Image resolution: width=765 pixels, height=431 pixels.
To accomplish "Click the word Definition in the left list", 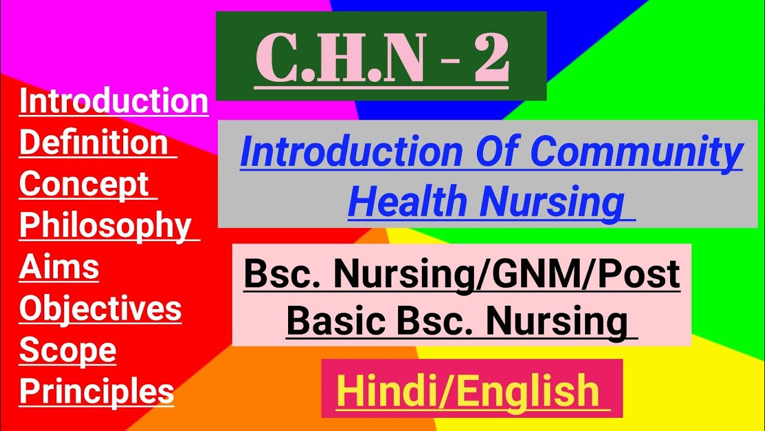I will point(93,142).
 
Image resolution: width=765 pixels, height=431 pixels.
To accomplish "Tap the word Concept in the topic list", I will point(84,184).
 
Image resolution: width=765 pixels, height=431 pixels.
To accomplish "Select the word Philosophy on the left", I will point(105,226).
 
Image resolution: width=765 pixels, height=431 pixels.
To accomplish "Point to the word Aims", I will point(59,267).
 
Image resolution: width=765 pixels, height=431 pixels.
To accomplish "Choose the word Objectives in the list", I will point(100,309).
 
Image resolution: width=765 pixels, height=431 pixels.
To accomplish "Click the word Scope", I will point(68,351).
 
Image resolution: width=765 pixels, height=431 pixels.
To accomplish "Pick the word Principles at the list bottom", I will point(97,392).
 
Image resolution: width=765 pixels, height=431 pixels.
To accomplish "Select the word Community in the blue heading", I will point(637,153).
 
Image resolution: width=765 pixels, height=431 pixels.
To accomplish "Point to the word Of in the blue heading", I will point(498,153).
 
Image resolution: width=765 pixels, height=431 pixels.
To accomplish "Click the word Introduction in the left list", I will point(114,101).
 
